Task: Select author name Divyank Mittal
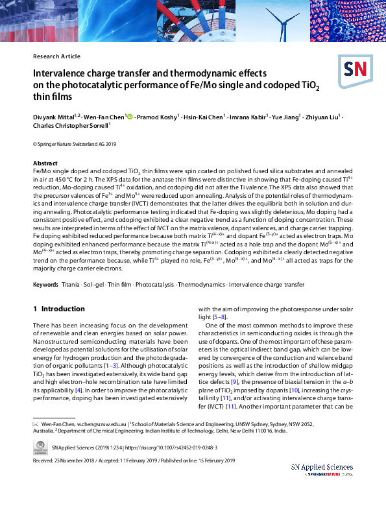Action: (54, 117)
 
